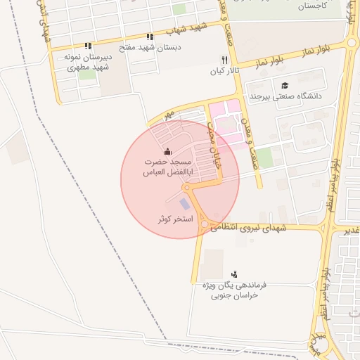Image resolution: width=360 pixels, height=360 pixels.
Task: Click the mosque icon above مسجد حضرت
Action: tap(167, 151)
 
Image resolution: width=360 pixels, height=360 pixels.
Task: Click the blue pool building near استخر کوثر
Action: tap(184, 204)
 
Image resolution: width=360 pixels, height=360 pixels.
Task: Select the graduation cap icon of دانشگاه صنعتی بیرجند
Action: tap(285, 85)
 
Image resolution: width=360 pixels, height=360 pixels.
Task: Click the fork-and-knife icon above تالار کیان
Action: tap(225, 60)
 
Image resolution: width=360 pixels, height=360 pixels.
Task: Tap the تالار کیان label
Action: tap(225, 71)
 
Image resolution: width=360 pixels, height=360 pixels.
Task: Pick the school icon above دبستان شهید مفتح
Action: tap(149, 37)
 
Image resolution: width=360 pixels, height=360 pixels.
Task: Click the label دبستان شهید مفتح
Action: tap(149, 47)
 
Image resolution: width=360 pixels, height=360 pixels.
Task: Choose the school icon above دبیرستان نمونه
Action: tap(88, 46)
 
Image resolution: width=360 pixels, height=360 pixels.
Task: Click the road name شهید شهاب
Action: tap(186, 30)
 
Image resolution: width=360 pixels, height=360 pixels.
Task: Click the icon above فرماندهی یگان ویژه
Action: tap(234, 274)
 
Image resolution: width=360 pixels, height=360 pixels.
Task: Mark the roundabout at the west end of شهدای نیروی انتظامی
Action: tap(204, 225)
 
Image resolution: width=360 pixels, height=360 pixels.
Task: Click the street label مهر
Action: tap(166, 113)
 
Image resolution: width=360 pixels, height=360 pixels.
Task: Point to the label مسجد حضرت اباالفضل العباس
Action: tap(168, 167)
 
